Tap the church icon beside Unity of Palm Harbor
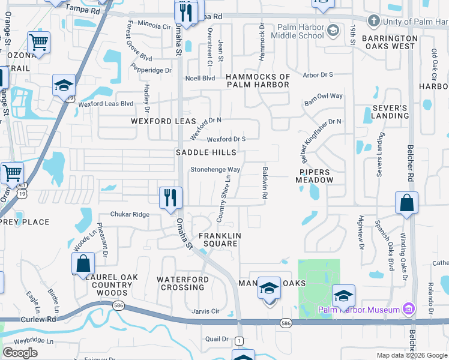(373, 22)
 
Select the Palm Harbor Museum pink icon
(409, 309)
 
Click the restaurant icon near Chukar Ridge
(170, 197)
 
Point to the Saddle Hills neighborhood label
(206, 152)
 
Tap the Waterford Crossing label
(181, 283)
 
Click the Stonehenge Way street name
(215, 169)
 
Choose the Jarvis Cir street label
(205, 311)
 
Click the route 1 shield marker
(239, 341)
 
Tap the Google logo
(20, 352)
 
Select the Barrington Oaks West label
(389, 42)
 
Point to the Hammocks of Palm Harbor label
(258, 80)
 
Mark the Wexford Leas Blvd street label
(106, 103)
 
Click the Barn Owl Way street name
(323, 99)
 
